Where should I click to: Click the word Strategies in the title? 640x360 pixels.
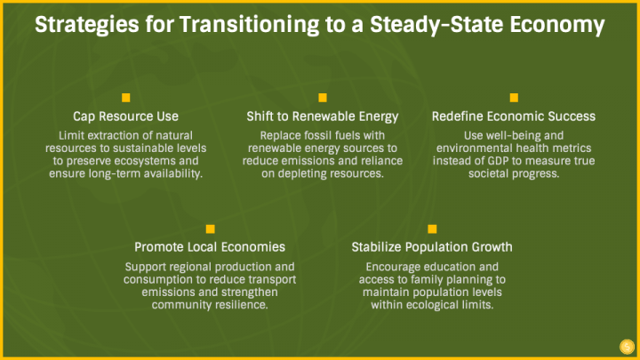[87, 25]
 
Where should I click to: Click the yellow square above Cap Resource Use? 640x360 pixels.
[125, 98]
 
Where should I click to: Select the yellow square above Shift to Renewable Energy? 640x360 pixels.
[323, 98]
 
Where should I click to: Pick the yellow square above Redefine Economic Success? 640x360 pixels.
[514, 98]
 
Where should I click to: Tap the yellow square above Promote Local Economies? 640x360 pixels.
[210, 229]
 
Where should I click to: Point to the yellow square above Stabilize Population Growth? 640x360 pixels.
[432, 229]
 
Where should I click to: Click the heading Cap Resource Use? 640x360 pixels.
[125, 116]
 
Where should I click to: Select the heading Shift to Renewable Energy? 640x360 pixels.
[323, 116]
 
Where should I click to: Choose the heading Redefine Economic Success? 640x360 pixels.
[514, 116]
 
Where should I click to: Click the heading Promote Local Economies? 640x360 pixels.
[210, 247]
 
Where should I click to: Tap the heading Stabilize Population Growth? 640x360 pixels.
[432, 247]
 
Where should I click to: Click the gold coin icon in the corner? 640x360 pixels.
[627, 347]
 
